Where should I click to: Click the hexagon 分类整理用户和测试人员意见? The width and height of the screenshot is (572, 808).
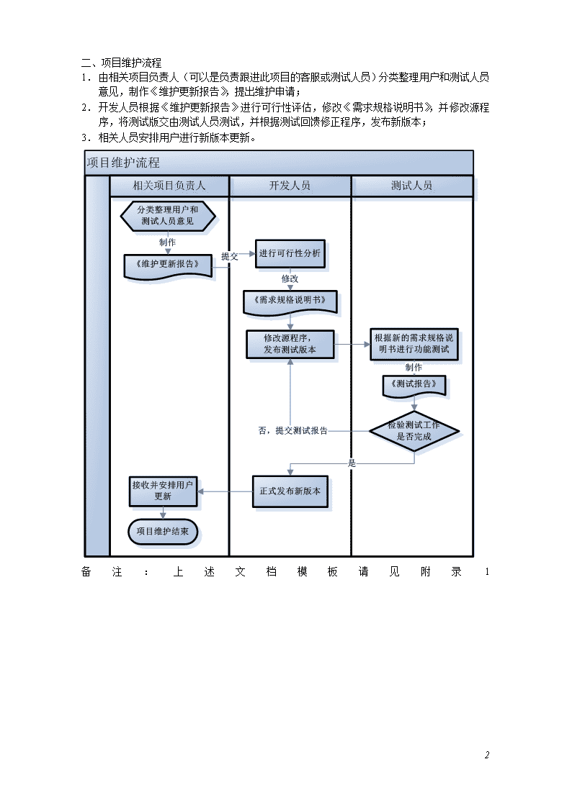[x=168, y=215]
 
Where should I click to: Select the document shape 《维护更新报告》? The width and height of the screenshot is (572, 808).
[x=168, y=266]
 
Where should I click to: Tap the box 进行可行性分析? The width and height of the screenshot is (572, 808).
[x=290, y=253]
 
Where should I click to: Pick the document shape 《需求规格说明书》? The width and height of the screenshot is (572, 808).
[x=290, y=302]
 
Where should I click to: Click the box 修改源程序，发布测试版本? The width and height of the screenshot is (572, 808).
[x=290, y=344]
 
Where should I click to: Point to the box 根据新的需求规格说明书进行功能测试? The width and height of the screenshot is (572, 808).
[x=414, y=344]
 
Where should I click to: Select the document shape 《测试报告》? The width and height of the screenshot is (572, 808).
[x=414, y=386]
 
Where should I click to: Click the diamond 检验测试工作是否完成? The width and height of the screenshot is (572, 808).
[x=414, y=431]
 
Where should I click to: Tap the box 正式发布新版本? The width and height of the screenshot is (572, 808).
[x=290, y=491]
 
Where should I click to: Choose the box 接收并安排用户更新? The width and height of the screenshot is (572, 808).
[x=163, y=491]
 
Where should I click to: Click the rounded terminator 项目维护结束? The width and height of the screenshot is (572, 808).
[x=163, y=531]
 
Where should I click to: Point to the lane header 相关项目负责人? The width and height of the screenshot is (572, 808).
[x=169, y=186]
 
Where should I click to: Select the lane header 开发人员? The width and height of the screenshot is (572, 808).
[x=290, y=186]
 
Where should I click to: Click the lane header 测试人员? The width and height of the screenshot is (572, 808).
[x=411, y=186]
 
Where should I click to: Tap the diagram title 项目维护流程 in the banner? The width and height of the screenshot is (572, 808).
[x=123, y=163]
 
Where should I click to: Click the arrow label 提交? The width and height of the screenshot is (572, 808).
[x=230, y=256]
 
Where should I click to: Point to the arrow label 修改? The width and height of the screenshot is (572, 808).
[x=290, y=278]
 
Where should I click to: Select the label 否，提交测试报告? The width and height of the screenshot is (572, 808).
[x=293, y=431]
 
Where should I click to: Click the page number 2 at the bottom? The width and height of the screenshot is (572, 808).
[x=487, y=755]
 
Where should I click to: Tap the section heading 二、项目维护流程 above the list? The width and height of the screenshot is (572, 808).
[x=121, y=63]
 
